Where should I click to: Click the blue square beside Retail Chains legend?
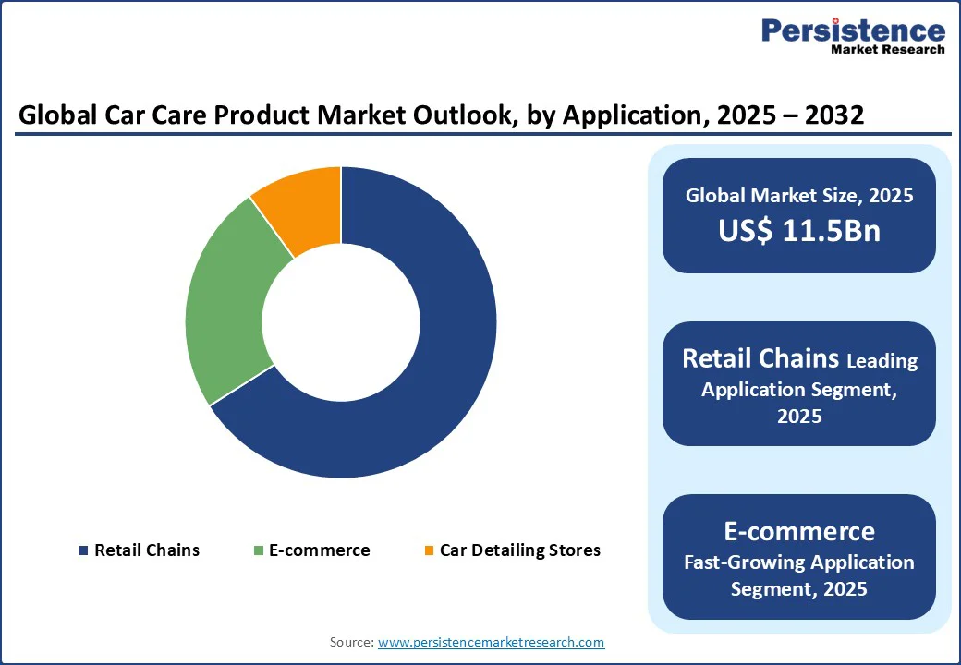[x=83, y=551]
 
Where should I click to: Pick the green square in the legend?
[x=259, y=551]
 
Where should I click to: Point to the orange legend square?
[x=429, y=551]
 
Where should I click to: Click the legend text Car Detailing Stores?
[x=519, y=550]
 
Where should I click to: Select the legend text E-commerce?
[x=319, y=550]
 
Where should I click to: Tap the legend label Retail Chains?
[x=146, y=550]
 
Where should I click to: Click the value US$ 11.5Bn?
[x=799, y=231]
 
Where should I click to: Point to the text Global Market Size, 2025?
[x=799, y=195]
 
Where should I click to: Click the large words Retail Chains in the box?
[x=760, y=358]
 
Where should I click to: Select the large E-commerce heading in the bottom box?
[x=799, y=531]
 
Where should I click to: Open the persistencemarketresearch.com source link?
[x=492, y=642]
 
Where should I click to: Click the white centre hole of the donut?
[x=341, y=322]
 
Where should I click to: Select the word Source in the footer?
[x=350, y=642]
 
